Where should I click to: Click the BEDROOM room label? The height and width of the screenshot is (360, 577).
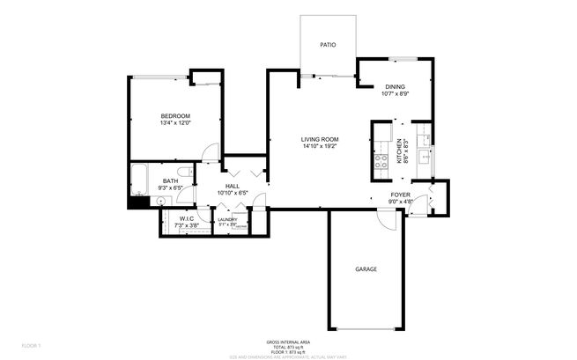pos(174,116)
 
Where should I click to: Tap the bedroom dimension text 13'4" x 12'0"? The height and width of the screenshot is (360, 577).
pos(174,123)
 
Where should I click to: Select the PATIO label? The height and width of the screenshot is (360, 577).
pos(328,43)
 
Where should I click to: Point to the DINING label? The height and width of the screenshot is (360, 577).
pos(394,86)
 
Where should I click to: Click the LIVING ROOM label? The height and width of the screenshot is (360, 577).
pos(320,139)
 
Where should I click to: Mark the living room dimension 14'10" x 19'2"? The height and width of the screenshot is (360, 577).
pos(320,146)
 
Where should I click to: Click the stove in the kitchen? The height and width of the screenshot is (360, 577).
pos(382,161)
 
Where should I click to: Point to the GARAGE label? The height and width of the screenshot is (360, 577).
pos(366,268)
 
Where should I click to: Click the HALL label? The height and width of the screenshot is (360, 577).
pos(233,186)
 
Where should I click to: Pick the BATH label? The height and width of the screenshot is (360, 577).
pos(170,181)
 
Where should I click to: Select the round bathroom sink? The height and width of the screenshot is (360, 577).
pos(161,200)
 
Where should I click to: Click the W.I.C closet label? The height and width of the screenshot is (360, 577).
pos(187,218)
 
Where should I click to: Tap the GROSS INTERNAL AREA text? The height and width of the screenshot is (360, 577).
pos(288,341)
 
